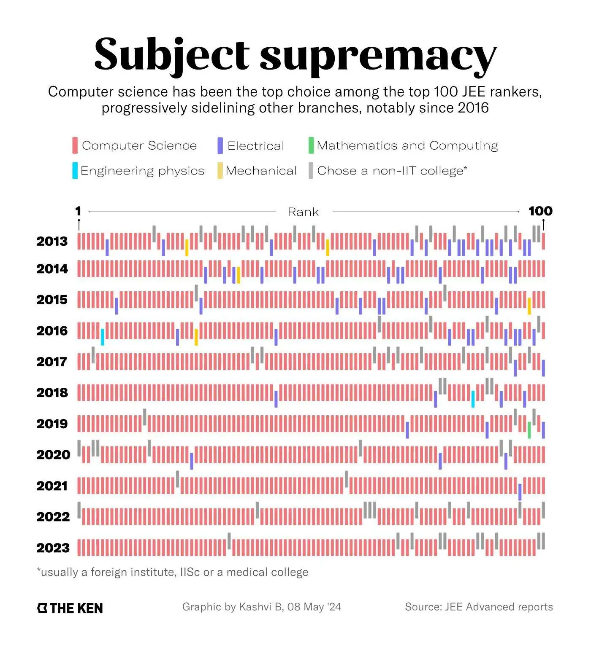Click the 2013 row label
(52, 242)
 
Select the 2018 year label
(52, 393)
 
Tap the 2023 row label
(53, 548)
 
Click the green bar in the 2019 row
(529, 430)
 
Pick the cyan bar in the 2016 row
(103, 337)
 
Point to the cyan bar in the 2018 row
(473, 399)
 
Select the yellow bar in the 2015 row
(529, 306)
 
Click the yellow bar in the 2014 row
(239, 275)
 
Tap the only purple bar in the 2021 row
(520, 492)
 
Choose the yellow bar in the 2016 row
(196, 337)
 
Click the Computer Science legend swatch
(75, 145)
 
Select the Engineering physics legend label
(142, 171)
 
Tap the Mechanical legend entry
(261, 171)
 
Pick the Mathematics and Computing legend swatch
(311, 145)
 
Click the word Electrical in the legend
(255, 146)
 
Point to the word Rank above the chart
(303, 212)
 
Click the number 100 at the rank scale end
(540, 211)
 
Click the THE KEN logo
(70, 608)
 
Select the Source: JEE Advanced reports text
(479, 607)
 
